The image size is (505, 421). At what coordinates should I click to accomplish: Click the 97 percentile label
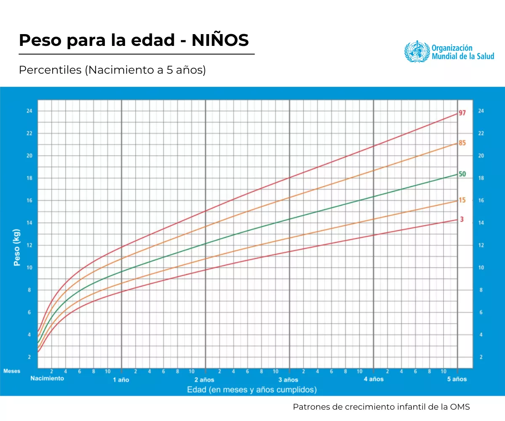tap(462, 113)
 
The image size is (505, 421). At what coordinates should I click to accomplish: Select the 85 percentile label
tap(462, 143)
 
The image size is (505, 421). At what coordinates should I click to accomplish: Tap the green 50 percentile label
tap(462, 174)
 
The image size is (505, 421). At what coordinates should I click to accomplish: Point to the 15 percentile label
tap(462, 200)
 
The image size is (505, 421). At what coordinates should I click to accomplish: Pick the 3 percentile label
tap(462, 219)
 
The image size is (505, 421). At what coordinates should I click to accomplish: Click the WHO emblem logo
tap(417, 51)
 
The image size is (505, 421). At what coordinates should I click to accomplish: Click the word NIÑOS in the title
tap(221, 40)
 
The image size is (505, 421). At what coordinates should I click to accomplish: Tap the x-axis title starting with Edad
tap(252, 390)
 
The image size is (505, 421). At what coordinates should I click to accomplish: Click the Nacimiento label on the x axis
tap(47, 378)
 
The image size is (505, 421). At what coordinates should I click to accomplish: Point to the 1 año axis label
tap(121, 379)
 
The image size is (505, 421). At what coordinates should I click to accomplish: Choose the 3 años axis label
tap(289, 379)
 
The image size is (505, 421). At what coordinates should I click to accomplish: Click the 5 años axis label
tap(457, 379)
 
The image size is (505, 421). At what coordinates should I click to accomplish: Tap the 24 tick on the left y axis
tap(29, 111)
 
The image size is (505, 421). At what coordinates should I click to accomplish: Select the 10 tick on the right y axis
tap(481, 268)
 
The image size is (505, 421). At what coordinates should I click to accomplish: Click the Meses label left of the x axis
tap(12, 371)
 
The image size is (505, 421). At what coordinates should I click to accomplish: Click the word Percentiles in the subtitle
tap(50, 70)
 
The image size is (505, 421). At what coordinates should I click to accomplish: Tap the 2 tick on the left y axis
tap(29, 357)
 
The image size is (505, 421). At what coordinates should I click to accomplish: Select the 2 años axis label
tap(205, 379)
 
